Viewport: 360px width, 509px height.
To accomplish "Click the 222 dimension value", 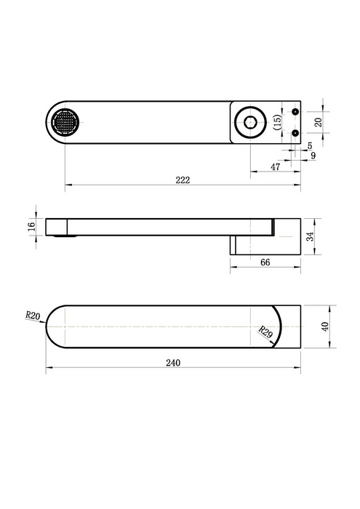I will click(183, 180).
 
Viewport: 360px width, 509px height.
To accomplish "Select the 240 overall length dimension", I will click(172, 362).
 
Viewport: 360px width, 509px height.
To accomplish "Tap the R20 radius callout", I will click(32, 316).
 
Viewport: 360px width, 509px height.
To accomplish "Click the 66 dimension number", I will click(266, 262).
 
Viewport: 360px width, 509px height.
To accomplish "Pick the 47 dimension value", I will click(275, 167).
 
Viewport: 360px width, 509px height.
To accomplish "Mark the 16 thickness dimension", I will click(31, 227).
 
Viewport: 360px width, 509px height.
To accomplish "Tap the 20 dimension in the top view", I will click(318, 122).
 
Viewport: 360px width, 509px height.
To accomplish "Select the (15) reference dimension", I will click(277, 122).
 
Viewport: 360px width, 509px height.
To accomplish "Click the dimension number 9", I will click(313, 155).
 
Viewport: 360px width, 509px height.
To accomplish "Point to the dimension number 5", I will click(309, 145).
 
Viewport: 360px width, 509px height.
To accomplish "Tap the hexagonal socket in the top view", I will click(252, 121).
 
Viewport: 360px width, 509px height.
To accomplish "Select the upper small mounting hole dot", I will click(295, 111).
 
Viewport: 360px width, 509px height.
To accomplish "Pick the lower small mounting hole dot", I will click(295, 133).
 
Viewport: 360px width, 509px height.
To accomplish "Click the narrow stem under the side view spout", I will click(233, 244).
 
